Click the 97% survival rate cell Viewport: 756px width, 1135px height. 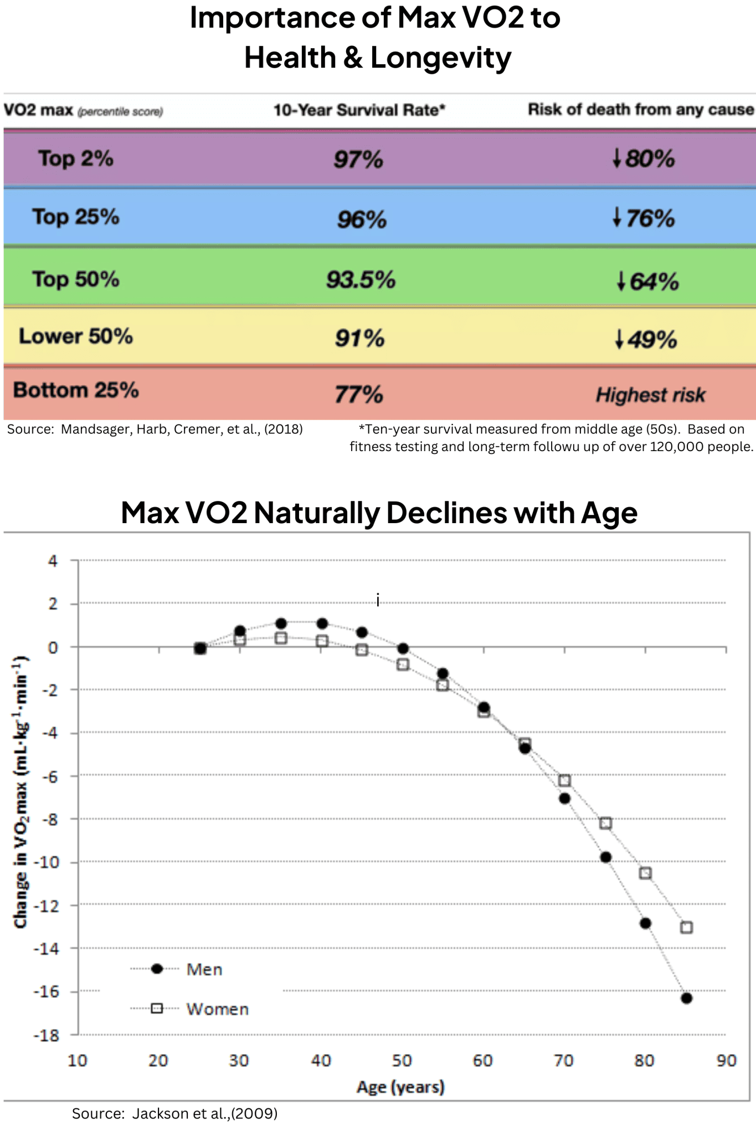(358, 160)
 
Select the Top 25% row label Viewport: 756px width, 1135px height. (75, 217)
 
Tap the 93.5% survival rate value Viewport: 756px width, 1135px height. (361, 279)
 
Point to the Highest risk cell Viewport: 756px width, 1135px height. (650, 395)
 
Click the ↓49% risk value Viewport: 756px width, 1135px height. (646, 339)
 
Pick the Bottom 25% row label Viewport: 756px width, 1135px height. (76, 390)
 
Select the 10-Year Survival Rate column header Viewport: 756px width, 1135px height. (359, 110)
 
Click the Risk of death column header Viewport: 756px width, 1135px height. (640, 110)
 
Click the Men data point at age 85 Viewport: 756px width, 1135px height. (686, 998)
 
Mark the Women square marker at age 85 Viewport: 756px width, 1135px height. (686, 927)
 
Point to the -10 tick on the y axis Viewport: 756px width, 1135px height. (46, 862)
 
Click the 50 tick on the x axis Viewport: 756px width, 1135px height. (402, 1061)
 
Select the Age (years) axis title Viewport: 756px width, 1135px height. (400, 1087)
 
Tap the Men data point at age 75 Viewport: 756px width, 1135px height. (605, 857)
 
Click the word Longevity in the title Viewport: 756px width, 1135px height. (441, 58)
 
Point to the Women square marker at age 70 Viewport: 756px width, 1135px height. (564, 780)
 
